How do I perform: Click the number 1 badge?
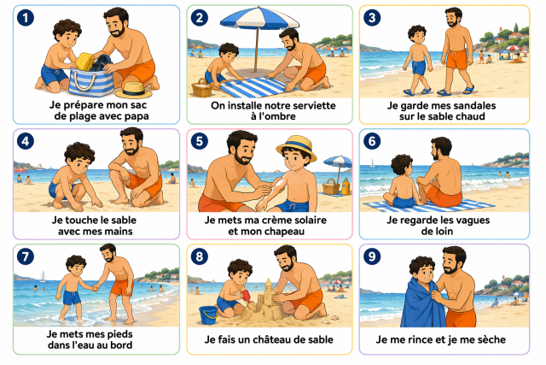26,18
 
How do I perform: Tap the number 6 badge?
372,141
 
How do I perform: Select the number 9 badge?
372,256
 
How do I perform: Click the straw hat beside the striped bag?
134,90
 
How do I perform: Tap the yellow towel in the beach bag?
84,62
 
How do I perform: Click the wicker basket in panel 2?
201,88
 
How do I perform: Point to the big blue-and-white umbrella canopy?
259,18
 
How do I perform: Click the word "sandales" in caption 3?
472,105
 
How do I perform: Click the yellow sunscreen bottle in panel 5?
346,186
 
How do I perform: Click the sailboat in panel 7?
43,276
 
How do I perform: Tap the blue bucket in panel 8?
208,315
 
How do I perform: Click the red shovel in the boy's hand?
247,297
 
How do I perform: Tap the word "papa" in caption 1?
136,116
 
